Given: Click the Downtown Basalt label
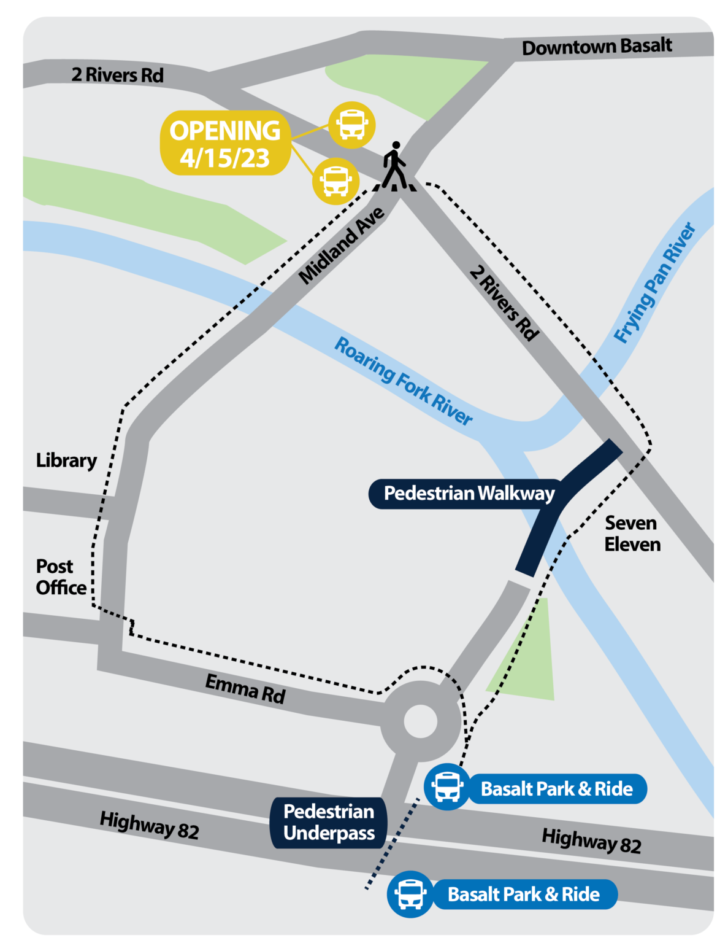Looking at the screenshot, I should (x=597, y=47).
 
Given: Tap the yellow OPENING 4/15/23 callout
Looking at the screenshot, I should (x=225, y=144).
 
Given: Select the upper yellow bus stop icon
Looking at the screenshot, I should (x=352, y=125).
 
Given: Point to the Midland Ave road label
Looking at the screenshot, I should (x=342, y=246).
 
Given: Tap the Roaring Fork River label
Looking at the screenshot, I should (x=403, y=381).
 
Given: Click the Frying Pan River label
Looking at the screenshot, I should (x=655, y=283).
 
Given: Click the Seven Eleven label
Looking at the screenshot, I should (x=632, y=534).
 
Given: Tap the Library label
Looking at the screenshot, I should (x=66, y=460).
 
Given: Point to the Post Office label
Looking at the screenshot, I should (x=60, y=577).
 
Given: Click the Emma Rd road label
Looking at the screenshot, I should (x=245, y=688).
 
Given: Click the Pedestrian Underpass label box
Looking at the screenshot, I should (x=329, y=823).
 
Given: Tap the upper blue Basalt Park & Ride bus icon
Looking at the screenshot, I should (x=447, y=787).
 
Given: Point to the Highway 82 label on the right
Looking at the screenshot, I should (x=591, y=840).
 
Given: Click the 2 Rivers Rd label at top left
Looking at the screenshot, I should (x=117, y=75).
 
